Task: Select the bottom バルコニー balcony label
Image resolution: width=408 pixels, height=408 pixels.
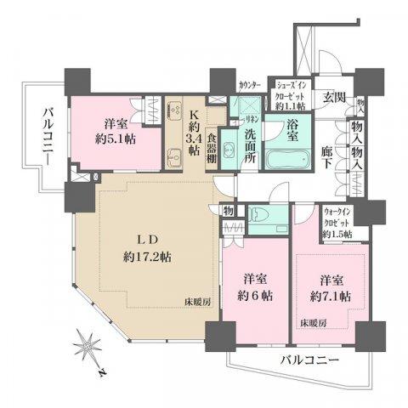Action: (310, 360)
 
